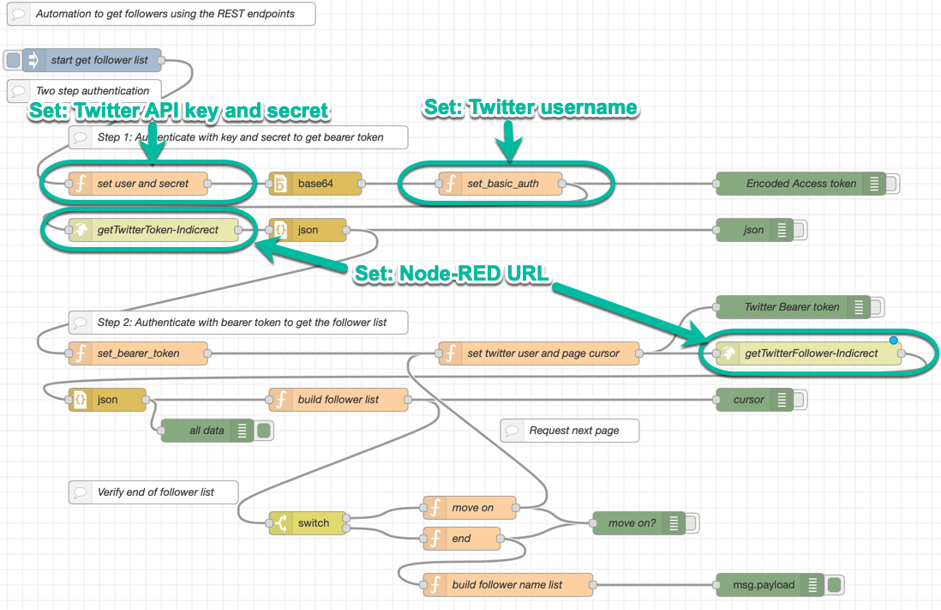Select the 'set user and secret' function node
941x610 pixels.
point(142,184)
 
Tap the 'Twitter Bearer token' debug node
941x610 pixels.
point(792,307)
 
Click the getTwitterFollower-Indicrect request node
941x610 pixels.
point(811,353)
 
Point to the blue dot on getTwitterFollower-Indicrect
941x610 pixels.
point(894,341)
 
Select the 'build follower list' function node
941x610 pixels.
point(338,400)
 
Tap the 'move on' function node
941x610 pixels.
point(471,508)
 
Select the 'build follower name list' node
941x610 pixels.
point(506,585)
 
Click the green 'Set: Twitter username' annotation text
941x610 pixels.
point(530,107)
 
